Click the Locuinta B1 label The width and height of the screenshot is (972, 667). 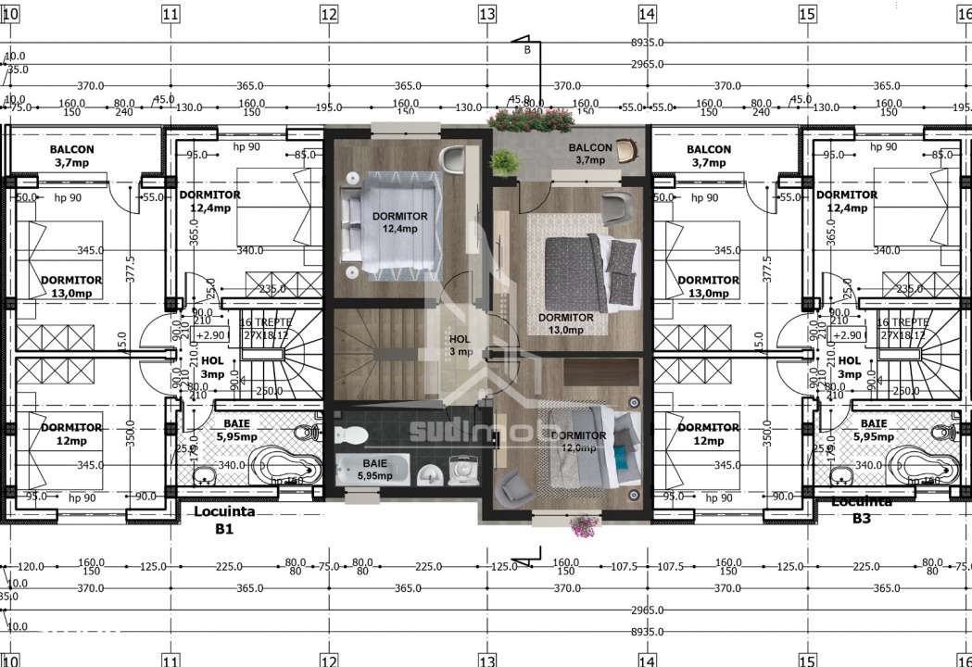pos(223,520)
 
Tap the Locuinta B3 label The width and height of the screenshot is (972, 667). pos(862,510)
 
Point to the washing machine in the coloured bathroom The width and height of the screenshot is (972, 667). pos(461,470)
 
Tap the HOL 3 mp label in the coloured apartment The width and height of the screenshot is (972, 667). pos(461,346)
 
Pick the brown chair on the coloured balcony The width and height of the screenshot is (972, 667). pos(626,147)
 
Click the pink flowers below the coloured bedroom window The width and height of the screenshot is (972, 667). pos(583,525)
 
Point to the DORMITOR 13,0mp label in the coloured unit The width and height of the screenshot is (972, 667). pos(566,322)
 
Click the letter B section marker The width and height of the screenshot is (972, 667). pos(527,50)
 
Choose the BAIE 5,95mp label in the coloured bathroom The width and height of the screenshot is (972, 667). pos(375,469)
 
